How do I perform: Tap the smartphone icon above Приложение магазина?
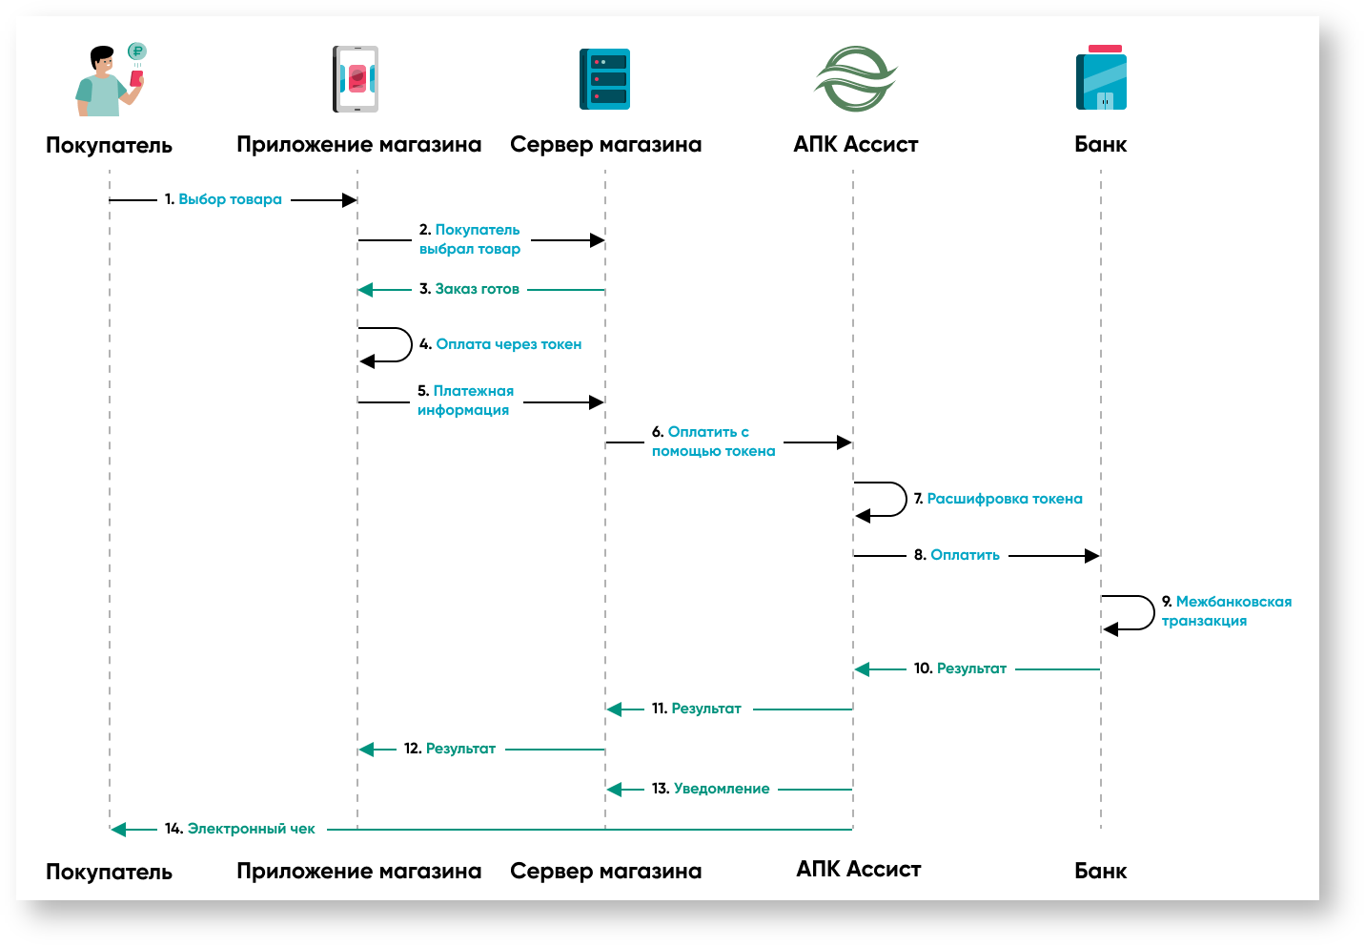[x=357, y=79]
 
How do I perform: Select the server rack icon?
[x=604, y=79]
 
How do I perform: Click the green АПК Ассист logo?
[x=855, y=79]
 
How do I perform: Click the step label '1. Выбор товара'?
[x=223, y=199]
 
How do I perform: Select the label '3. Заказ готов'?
[x=469, y=289]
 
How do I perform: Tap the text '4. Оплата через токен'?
[x=500, y=344]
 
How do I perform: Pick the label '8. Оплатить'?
[x=957, y=555]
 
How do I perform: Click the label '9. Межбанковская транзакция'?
[x=1226, y=611]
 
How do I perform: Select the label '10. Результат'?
[x=960, y=668]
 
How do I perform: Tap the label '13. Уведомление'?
[x=710, y=789]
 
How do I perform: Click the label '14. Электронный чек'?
[x=239, y=829]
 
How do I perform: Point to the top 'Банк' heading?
[x=1100, y=145]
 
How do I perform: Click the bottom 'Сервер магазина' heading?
[x=605, y=871]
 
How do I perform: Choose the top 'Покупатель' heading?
[x=109, y=146]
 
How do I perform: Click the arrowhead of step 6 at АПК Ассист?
[x=844, y=442]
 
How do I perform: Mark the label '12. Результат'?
[x=450, y=749]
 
